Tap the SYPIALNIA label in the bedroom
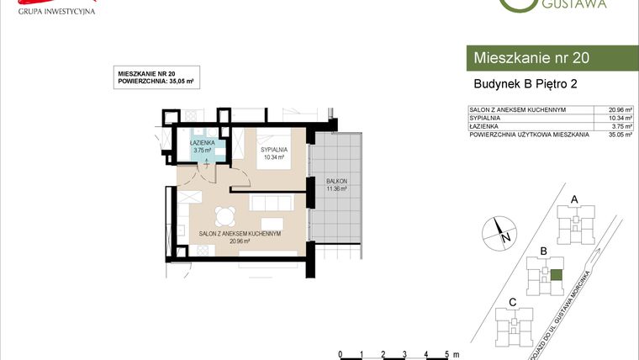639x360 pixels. pyautogui.click(x=274, y=149)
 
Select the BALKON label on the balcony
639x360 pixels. pyautogui.click(x=336, y=182)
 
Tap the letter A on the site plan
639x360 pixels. pyautogui.click(x=574, y=199)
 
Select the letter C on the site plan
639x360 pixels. pyautogui.click(x=512, y=302)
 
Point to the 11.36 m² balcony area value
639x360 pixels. pyautogui.click(x=336, y=189)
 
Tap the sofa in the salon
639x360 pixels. pyautogui.click(x=271, y=203)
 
